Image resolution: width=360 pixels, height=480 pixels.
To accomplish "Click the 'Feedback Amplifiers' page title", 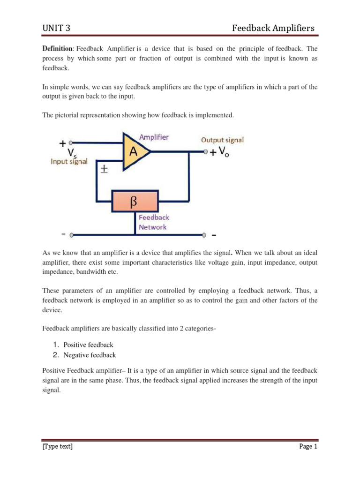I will tap(274, 29).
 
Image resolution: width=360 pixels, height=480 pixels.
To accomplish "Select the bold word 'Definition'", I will tap(58, 49).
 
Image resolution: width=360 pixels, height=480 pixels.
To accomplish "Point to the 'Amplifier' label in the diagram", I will tap(154, 137).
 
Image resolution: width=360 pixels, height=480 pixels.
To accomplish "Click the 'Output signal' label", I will tap(222, 140).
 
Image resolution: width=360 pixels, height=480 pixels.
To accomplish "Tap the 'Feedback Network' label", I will tap(153, 222).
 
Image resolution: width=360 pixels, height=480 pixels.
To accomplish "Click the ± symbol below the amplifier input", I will tap(104, 170).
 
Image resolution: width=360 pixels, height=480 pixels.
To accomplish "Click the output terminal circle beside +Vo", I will tap(205, 151).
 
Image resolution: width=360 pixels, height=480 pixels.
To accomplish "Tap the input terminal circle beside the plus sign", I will tap(71, 142).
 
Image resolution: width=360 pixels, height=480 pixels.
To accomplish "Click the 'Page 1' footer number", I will tap(308, 446).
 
